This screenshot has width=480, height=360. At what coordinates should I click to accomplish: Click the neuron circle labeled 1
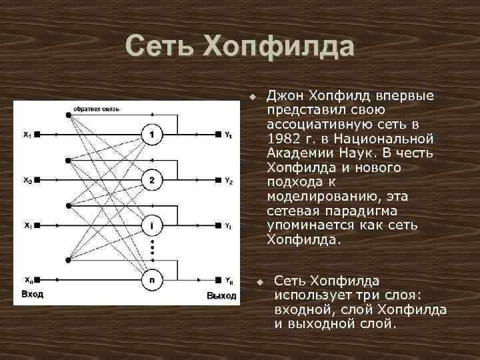[152, 135]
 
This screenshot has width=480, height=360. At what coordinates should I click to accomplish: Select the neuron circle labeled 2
[152, 180]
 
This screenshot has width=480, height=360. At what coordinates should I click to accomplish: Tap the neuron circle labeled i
[152, 225]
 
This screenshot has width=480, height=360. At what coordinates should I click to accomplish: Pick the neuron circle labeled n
[152, 280]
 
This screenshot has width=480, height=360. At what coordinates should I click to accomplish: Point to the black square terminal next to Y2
[218, 180]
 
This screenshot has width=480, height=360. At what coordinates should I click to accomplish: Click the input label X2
[27, 180]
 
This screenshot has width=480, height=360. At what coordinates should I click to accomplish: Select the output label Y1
[229, 136]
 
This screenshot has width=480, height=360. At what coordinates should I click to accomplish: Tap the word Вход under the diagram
[33, 294]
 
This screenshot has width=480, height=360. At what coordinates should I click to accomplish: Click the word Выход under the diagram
[221, 295]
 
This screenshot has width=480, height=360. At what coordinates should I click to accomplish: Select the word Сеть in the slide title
[161, 48]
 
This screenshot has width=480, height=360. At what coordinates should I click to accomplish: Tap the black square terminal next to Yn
[218, 280]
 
